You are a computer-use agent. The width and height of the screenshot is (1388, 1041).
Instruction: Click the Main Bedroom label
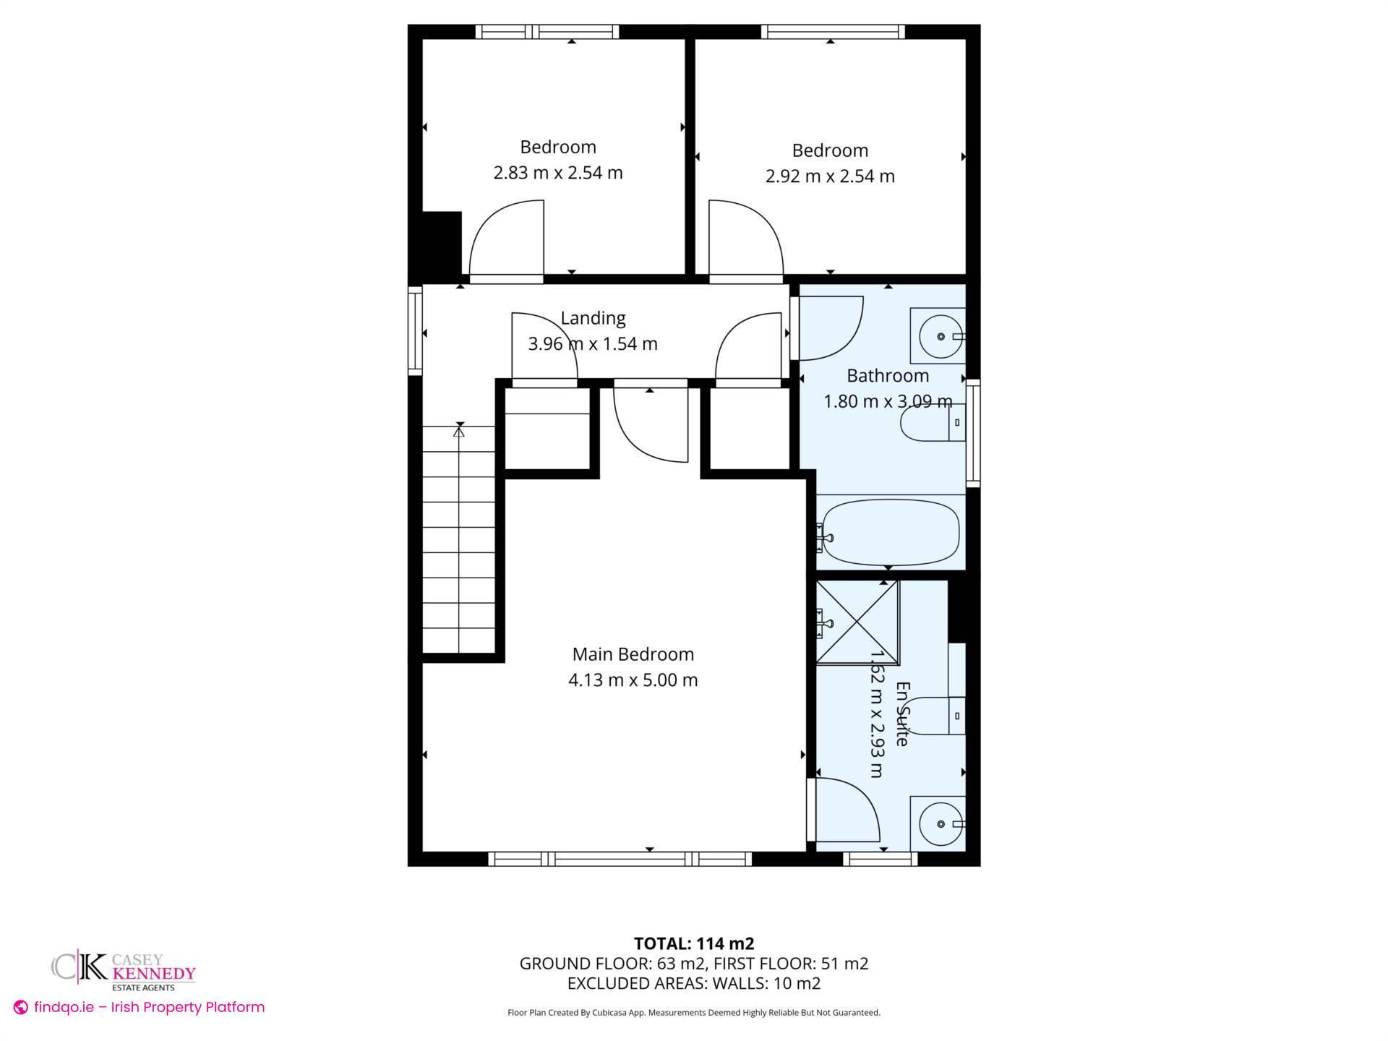coord(633,654)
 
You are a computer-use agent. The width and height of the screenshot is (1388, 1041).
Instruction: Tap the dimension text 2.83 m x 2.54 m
coord(557,173)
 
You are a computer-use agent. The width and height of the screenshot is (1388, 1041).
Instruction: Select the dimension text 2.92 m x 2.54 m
coord(830,176)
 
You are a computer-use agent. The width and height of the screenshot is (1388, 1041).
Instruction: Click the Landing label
coord(593,318)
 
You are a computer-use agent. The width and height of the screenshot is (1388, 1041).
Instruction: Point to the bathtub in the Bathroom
coord(891,533)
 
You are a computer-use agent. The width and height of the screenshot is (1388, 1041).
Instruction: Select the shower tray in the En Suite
coord(857,622)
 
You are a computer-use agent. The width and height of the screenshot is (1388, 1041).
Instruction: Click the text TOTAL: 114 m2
coord(693,943)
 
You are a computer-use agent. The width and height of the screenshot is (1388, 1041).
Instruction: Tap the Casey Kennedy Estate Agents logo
coord(124,970)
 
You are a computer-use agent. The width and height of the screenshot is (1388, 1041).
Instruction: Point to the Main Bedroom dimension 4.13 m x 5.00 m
coord(633,680)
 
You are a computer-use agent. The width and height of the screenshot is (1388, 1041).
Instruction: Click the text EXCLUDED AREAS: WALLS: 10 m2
coord(693,983)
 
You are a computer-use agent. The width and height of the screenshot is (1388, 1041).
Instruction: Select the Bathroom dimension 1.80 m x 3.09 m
coord(888,401)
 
